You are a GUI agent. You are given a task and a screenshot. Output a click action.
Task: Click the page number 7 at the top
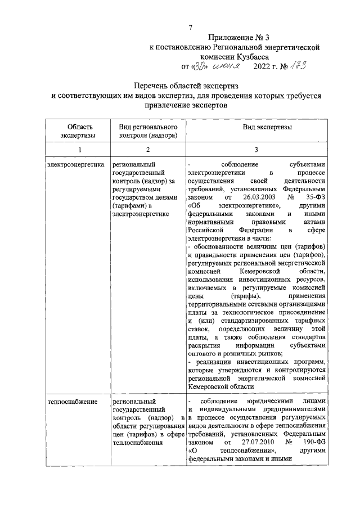(191, 28)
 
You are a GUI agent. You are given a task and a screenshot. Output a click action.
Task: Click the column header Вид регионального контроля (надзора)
(145, 131)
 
